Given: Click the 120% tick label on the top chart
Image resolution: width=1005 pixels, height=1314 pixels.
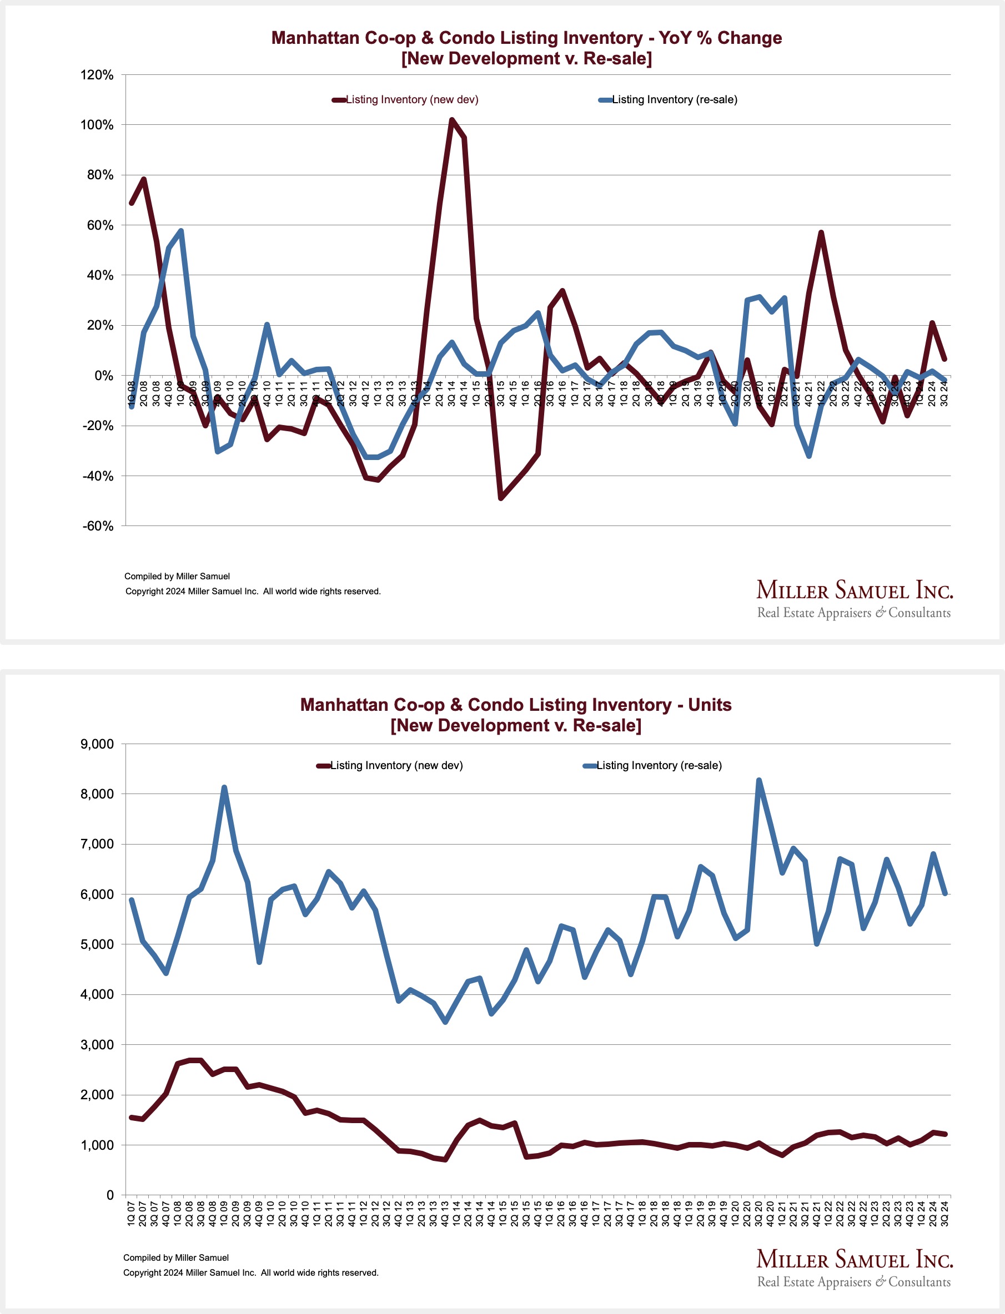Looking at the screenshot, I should click(97, 75).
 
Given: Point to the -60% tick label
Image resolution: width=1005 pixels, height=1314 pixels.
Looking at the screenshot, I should click(98, 526).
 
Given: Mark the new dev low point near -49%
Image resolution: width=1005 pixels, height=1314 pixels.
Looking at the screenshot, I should click(501, 498).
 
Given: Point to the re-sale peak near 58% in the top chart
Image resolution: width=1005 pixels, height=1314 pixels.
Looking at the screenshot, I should click(180, 231).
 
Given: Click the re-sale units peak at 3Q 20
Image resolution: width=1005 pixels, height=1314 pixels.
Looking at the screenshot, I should click(759, 780).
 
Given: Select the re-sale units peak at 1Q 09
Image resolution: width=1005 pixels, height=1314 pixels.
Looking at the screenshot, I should click(224, 787).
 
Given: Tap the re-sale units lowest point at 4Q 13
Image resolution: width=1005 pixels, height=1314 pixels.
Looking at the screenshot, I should click(445, 1022).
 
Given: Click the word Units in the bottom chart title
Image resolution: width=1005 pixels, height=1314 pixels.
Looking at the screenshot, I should click(710, 705).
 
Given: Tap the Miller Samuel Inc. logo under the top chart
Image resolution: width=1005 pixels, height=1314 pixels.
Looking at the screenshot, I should click(854, 598).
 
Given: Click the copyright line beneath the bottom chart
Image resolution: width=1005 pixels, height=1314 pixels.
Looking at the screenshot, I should click(250, 1273).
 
